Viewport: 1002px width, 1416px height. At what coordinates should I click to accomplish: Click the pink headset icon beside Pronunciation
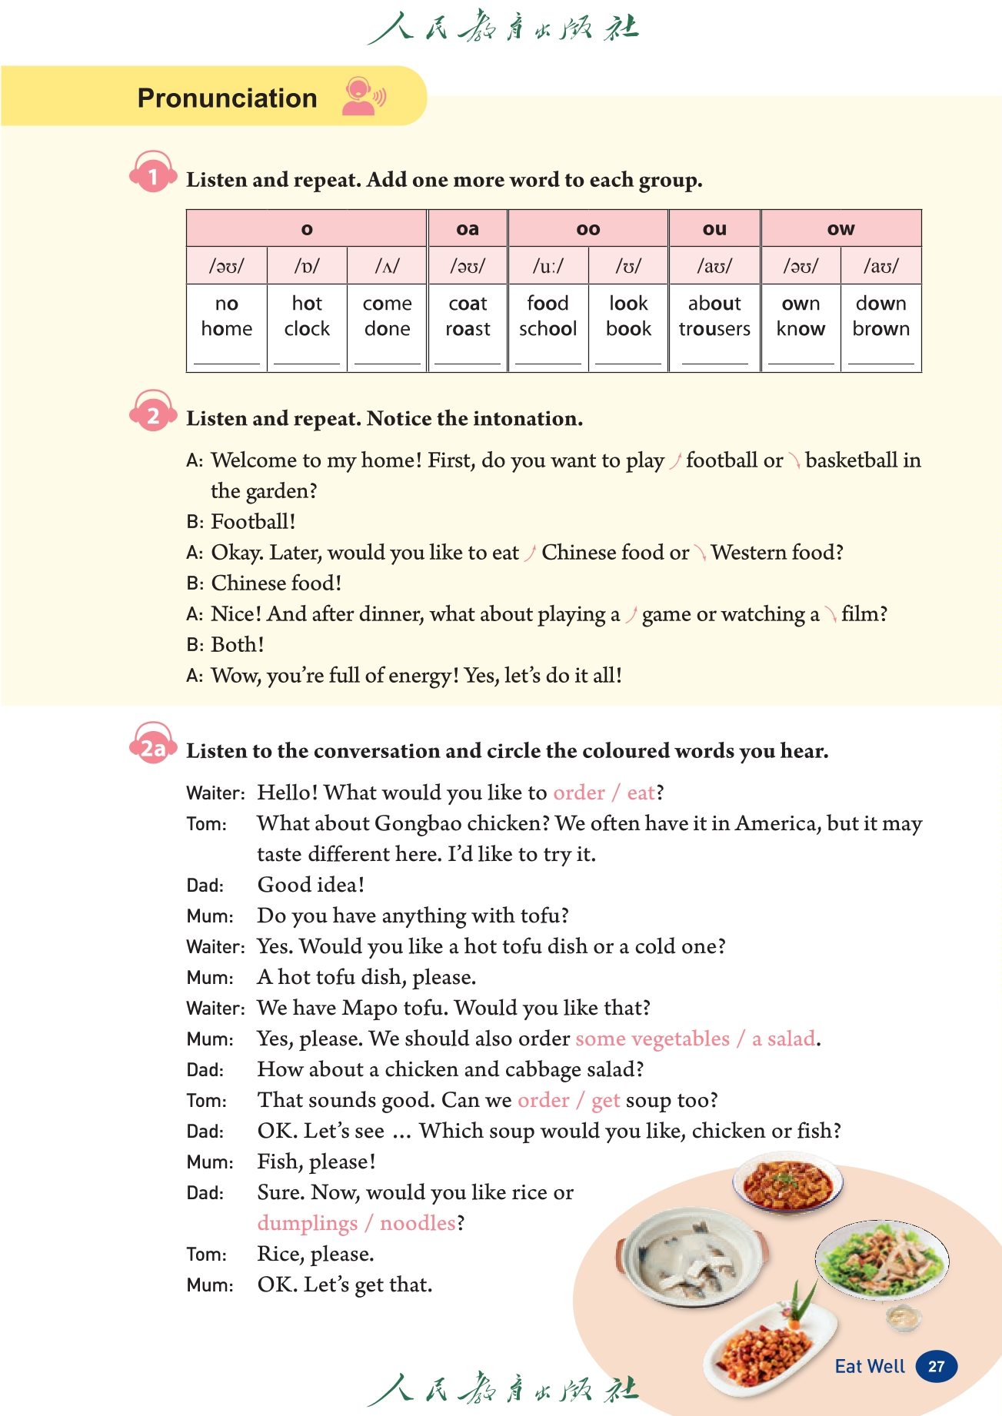point(362,98)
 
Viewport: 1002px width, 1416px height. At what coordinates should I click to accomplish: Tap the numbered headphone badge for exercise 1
point(152,175)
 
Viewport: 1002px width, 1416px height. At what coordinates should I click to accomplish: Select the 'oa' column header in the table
point(468,229)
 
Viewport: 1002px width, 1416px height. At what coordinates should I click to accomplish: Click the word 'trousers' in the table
point(714,329)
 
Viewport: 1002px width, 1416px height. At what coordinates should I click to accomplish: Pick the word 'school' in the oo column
point(548,329)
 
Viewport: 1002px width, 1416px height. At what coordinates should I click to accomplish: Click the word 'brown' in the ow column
point(880,329)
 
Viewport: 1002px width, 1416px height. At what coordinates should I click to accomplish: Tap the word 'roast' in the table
point(468,329)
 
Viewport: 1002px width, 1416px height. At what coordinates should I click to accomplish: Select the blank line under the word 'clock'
point(307,361)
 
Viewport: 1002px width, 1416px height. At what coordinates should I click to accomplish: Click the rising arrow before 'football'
point(675,461)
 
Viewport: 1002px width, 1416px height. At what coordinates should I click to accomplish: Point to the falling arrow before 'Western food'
point(700,553)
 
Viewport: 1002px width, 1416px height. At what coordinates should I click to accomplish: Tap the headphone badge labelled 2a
point(152,747)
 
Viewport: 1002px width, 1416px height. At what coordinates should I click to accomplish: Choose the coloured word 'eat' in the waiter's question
point(641,793)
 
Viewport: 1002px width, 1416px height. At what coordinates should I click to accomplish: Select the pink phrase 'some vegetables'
point(652,1039)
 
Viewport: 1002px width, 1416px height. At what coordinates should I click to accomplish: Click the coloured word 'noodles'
point(418,1223)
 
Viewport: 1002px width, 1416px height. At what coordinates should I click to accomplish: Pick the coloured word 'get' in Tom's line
point(605,1100)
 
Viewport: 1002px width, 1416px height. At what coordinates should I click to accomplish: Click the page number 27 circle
point(936,1366)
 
